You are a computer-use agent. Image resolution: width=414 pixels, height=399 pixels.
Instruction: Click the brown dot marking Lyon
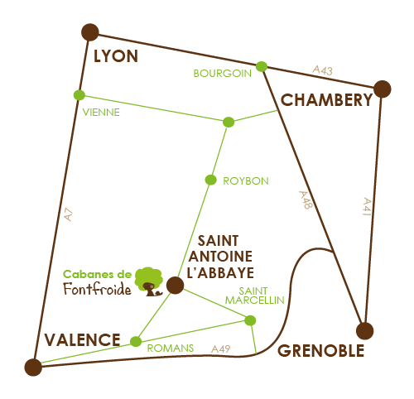click(x=90, y=32)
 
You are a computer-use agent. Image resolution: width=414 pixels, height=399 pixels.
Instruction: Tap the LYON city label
click(x=116, y=56)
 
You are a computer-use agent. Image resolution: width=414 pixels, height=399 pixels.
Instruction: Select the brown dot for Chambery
click(x=383, y=89)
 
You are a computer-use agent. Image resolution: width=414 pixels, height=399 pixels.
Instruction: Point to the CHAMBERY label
click(x=326, y=100)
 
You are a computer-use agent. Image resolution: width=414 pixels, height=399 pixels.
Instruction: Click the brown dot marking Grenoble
click(x=365, y=331)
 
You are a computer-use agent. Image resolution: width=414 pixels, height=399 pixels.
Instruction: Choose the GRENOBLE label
click(x=320, y=351)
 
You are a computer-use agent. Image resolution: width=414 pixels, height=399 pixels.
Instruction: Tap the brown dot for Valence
click(x=33, y=368)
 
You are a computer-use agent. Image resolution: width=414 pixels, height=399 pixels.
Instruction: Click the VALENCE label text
click(x=82, y=339)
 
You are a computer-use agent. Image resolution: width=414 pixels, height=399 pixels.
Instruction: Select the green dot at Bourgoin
click(x=262, y=66)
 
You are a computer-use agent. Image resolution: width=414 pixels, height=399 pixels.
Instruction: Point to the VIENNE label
click(x=101, y=113)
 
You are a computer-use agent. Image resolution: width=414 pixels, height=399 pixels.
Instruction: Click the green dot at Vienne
click(x=79, y=95)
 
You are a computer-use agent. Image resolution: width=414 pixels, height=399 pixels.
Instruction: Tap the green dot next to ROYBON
click(x=210, y=180)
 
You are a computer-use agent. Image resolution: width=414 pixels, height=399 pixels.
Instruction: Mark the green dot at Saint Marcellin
click(x=250, y=320)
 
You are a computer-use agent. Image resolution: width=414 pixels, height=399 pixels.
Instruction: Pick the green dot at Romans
click(x=136, y=342)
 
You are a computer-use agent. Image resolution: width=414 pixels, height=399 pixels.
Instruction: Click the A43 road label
click(x=323, y=70)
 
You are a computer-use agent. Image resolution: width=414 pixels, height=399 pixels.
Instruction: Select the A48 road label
click(x=306, y=199)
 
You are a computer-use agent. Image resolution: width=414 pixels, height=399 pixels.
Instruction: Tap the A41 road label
click(x=367, y=207)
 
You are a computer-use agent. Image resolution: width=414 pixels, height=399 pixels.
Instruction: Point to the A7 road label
click(x=69, y=214)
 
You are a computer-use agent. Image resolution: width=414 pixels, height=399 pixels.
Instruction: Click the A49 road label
click(x=221, y=349)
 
